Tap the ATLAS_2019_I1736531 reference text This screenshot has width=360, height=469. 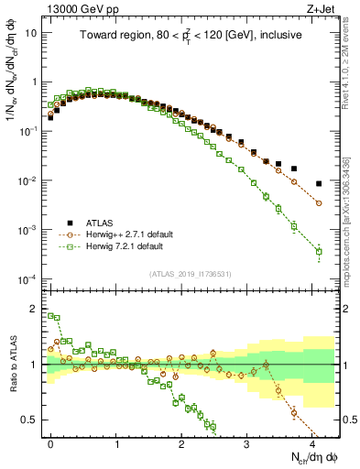tap(191, 274)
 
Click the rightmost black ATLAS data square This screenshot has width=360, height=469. tap(319, 183)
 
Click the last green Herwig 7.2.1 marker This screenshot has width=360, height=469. tap(319, 251)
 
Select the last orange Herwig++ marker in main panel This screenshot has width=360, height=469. tap(319, 202)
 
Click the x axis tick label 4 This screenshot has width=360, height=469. tap(312, 442)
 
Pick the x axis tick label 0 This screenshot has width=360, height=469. tap(50, 442)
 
